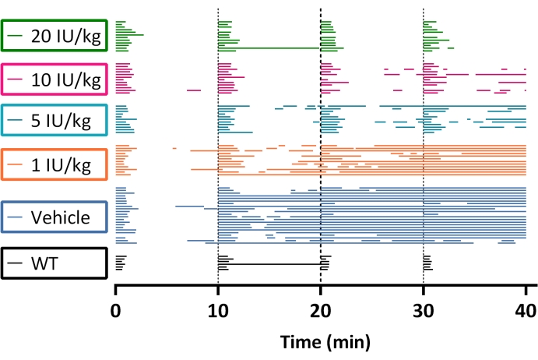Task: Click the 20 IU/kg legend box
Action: tap(54, 36)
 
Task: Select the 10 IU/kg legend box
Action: tap(54, 79)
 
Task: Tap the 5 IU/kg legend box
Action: tap(54, 121)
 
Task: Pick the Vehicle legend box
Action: tap(54, 217)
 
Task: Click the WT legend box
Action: tap(54, 263)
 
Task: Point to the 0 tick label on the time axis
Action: tap(116, 312)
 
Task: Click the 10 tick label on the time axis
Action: tap(218, 312)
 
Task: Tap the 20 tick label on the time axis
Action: tap(321, 312)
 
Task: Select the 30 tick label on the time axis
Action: tap(423, 312)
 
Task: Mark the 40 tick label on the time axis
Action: tap(526, 312)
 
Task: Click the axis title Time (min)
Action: tap(321, 341)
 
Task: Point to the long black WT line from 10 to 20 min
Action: tap(269, 265)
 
